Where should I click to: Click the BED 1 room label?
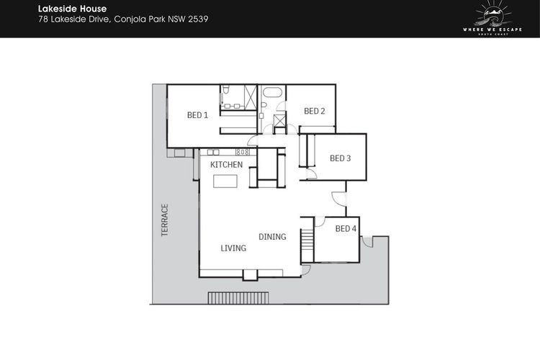(x=197, y=115)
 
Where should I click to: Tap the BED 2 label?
(x=315, y=111)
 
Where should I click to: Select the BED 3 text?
(x=341, y=158)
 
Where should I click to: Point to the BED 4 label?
(x=346, y=228)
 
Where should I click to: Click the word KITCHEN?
(x=226, y=165)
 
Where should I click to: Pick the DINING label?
(x=272, y=237)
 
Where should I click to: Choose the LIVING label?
(x=233, y=248)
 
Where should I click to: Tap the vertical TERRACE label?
(x=165, y=220)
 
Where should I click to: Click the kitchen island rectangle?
(x=225, y=181)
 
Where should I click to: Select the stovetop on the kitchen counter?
(x=243, y=152)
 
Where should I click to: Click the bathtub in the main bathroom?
(x=272, y=92)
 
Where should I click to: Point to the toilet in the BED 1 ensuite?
(x=226, y=90)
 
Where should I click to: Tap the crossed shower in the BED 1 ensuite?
(x=251, y=97)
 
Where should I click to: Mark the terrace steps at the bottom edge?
(x=238, y=298)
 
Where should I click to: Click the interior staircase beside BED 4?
(x=307, y=246)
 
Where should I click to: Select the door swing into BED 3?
(x=312, y=174)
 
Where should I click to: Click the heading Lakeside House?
(x=72, y=9)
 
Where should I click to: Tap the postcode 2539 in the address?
(x=198, y=19)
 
